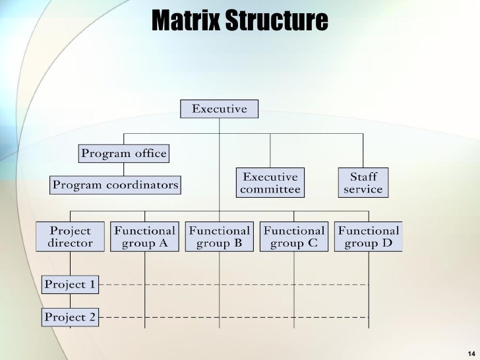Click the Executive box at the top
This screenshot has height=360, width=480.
coord(220,109)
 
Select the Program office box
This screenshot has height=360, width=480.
coord(124,154)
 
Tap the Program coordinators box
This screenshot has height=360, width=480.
coord(115,185)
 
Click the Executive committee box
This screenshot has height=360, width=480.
coord(270,183)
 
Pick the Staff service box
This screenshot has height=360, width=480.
coord(363,183)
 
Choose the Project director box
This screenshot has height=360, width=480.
coord(70,237)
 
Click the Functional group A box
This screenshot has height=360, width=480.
coord(144,237)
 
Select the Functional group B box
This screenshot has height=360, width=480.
coord(220,237)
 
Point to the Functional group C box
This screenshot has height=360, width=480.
coord(294,237)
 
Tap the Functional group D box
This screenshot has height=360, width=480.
coord(369,237)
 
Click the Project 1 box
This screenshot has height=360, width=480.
coord(70,285)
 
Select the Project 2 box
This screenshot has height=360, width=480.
coord(70,317)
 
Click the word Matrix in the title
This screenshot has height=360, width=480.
coord(186,21)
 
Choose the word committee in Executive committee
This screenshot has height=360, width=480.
coord(270,190)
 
